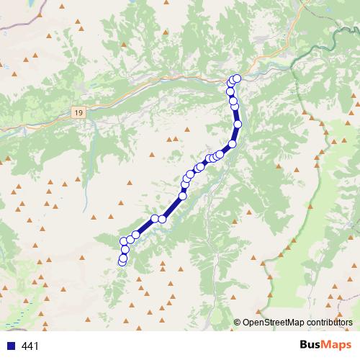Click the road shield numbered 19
pos(78,112)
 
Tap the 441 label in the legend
pos(30,346)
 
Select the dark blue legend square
pos(11,346)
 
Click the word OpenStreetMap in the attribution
pos(276,323)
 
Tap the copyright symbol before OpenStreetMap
pos(238,323)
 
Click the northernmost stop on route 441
pos(237,78)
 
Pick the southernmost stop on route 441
pos(122,261)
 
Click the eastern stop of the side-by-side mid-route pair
pos(163,219)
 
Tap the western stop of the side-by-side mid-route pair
pos(155,218)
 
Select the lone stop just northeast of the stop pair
pos(182,195)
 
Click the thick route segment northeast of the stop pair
pos(173,207)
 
